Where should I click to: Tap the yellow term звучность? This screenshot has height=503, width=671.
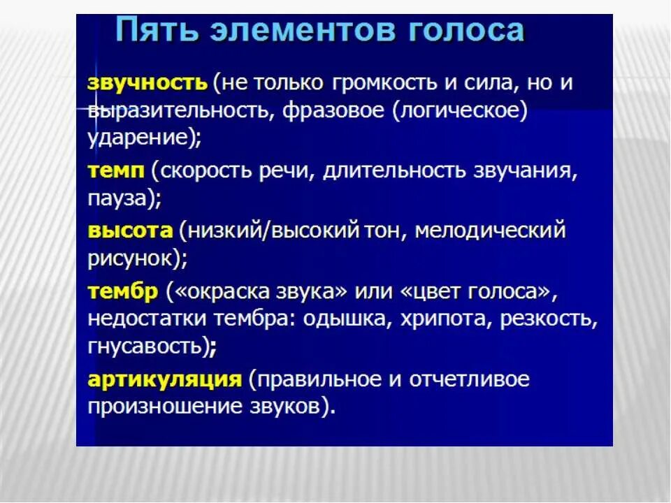(147, 83)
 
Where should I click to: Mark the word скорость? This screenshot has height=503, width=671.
(219, 171)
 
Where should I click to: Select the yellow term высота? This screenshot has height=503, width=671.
(130, 231)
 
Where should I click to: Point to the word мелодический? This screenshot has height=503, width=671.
(489, 231)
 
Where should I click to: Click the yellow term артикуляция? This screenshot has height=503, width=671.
(165, 379)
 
